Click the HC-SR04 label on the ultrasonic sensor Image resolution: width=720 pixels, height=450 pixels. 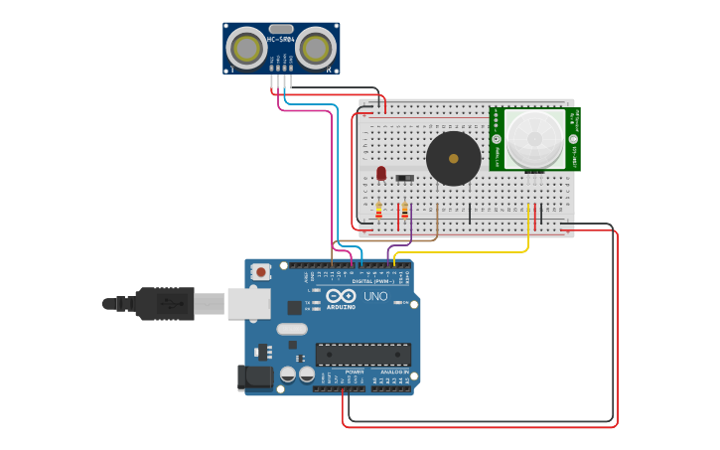pyautogui.click(x=281, y=40)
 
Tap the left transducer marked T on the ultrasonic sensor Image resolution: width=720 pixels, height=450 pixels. pyautogui.click(x=246, y=48)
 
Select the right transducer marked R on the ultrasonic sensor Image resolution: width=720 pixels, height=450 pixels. pyautogui.click(x=316, y=48)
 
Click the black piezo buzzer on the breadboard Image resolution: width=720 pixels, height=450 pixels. pyautogui.click(x=453, y=158)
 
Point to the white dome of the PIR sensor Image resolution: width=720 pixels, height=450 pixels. pyautogui.click(x=533, y=139)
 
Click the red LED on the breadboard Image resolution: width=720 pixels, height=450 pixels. pyautogui.click(x=381, y=173)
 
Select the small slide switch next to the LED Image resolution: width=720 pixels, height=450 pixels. pyautogui.click(x=404, y=178)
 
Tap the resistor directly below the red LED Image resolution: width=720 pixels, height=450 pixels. pyautogui.click(x=378, y=210)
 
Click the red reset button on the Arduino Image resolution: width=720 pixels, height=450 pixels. pyautogui.click(x=260, y=271)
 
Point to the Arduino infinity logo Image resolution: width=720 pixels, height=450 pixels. pyautogui.click(x=341, y=296)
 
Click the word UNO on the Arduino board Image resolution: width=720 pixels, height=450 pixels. pyautogui.click(x=375, y=296)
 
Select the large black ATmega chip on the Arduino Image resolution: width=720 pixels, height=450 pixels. pyautogui.click(x=362, y=354)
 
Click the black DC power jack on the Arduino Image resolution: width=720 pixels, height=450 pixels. pyautogui.click(x=255, y=376)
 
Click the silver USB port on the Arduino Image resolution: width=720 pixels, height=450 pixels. pyautogui.click(x=248, y=303)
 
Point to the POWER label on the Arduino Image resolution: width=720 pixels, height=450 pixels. pyautogui.click(x=355, y=372)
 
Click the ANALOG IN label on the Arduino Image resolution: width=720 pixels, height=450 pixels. pyautogui.click(x=396, y=372)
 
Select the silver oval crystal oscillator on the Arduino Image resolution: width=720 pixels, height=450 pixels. pyautogui.click(x=292, y=329)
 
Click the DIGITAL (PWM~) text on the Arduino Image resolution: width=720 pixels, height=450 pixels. pyautogui.click(x=373, y=281)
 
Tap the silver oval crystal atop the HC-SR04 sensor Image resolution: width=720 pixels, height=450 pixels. pyautogui.click(x=281, y=29)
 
